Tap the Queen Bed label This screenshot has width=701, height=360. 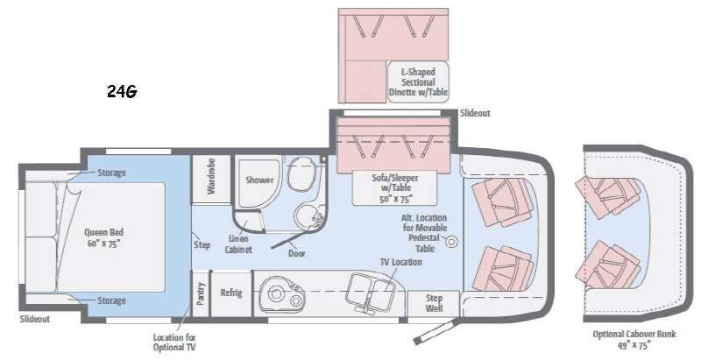(x=103, y=237)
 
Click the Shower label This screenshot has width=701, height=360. (x=259, y=180)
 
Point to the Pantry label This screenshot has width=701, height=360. (x=201, y=292)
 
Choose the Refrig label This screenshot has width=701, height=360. (x=231, y=293)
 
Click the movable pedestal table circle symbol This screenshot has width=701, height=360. (x=453, y=240)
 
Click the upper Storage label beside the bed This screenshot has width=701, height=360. (x=111, y=173)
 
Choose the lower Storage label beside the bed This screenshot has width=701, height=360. (x=111, y=300)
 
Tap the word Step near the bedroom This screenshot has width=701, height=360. (x=202, y=244)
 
